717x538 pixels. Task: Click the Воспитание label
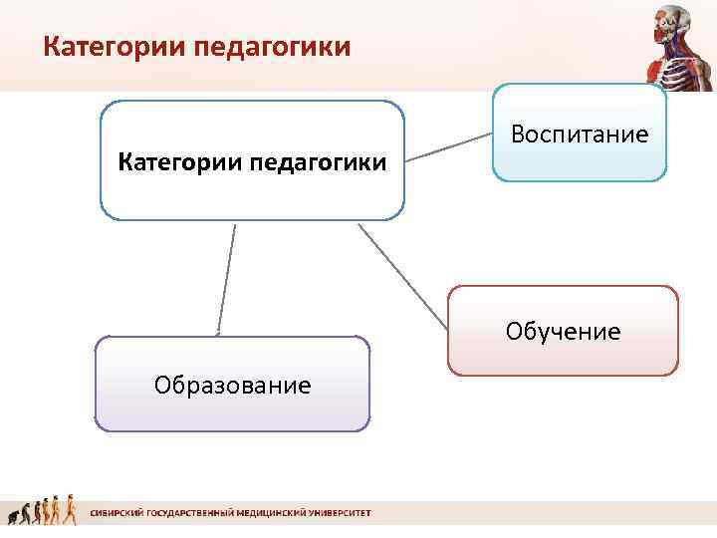(x=580, y=134)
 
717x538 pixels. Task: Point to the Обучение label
(x=563, y=331)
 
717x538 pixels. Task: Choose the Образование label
(x=232, y=385)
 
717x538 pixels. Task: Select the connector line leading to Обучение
(x=402, y=275)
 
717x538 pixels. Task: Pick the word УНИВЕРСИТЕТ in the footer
(x=336, y=513)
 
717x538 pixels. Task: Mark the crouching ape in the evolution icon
(x=14, y=516)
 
